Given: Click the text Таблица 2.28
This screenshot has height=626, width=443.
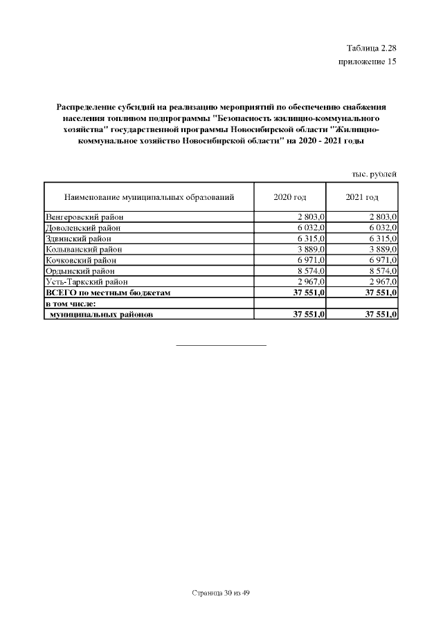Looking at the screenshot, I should pos(371,48).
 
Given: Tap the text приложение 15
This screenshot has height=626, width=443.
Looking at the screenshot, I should pos(367,62).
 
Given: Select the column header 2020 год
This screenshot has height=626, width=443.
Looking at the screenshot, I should pos(289,197).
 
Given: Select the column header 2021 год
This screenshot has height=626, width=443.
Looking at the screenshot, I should pos(361,197).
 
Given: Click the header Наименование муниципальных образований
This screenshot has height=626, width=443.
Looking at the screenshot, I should pos(149,197).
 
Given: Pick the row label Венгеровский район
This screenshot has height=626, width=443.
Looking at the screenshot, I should pos(84,217).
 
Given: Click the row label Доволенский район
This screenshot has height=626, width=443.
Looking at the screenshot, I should pos(83,228).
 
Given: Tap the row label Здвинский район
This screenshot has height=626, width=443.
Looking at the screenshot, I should pos(79,239).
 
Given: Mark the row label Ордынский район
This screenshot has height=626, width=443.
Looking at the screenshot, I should pos(80,271).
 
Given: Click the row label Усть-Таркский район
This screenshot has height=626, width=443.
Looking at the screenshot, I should pos(87,282).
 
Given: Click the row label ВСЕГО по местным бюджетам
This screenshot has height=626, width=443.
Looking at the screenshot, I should pos(107,293).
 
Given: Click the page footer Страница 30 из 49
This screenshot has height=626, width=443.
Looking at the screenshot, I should pos(221,593).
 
